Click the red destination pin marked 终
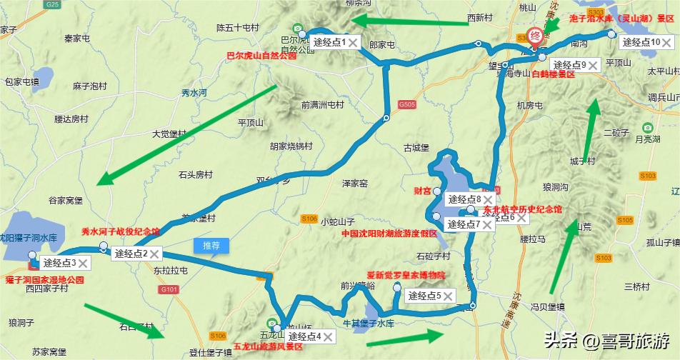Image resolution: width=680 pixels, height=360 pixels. (534, 35)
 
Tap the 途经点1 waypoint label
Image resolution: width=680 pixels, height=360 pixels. (329, 43)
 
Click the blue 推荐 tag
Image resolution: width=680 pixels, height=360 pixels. (211, 245)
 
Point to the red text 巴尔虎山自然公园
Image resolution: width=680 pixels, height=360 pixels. (261, 55)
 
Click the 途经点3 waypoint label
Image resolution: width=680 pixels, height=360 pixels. (59, 263)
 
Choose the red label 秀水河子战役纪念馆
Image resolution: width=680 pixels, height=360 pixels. (121, 232)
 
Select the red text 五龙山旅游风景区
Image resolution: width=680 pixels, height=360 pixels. (268, 346)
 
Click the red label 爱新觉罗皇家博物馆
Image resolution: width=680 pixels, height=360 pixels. (406, 275)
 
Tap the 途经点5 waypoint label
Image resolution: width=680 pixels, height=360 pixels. (425, 295)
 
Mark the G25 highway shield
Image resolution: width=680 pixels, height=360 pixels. (51, 4)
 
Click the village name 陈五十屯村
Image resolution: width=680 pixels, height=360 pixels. (237, 28)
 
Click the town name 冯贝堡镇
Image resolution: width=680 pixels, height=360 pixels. (548, 307)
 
